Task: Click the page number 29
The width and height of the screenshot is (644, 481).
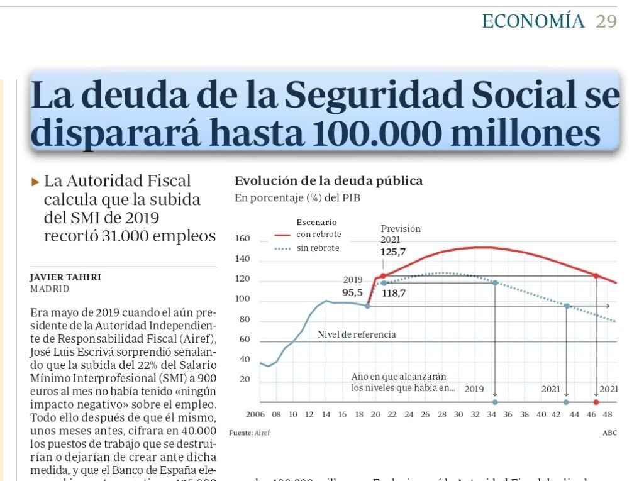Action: pos(606,21)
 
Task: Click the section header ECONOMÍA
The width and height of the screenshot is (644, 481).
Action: pos(533,21)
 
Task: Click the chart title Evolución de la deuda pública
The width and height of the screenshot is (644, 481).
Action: pos(328,181)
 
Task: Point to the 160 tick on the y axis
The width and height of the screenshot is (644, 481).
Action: pos(243,239)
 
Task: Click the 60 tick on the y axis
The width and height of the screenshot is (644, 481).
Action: pos(245,340)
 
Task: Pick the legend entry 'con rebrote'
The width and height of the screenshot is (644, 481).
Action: pos(318,235)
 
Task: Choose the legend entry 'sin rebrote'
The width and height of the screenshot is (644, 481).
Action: pos(318,248)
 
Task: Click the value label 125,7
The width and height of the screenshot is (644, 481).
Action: pos(394,252)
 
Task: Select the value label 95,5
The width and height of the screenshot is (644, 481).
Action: pos(352,293)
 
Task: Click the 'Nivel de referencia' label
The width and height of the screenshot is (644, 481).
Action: pos(357,334)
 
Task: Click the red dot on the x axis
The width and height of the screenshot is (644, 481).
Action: pos(596,402)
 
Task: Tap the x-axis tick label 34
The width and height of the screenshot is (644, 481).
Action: pos(491,415)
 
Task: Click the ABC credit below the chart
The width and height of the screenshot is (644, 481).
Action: pos(609,433)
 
